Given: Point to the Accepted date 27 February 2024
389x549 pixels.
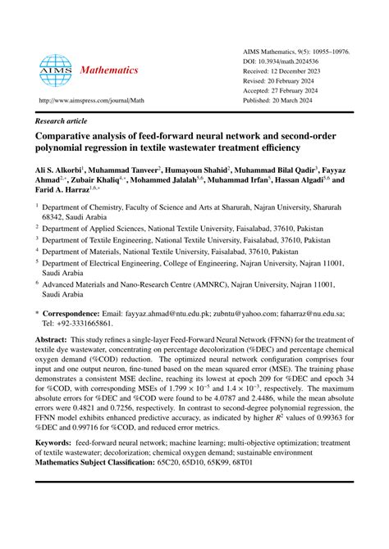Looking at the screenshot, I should click(x=300, y=93).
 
